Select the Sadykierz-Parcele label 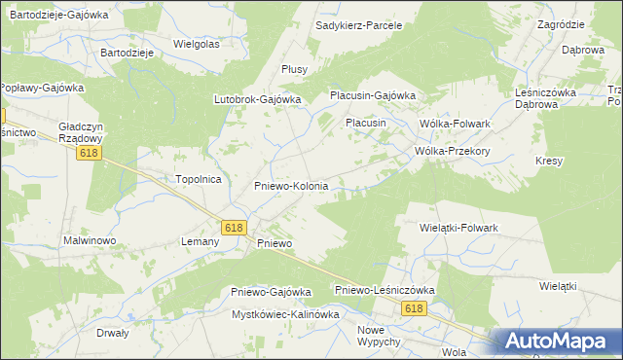[x=359, y=24]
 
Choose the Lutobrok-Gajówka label [x=258, y=98]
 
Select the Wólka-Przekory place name [x=451, y=151]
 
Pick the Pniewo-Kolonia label [x=291, y=185]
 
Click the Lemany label [x=199, y=240]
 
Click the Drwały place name [x=113, y=332]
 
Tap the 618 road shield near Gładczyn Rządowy [x=91, y=154]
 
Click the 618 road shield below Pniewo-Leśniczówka [x=415, y=308]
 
